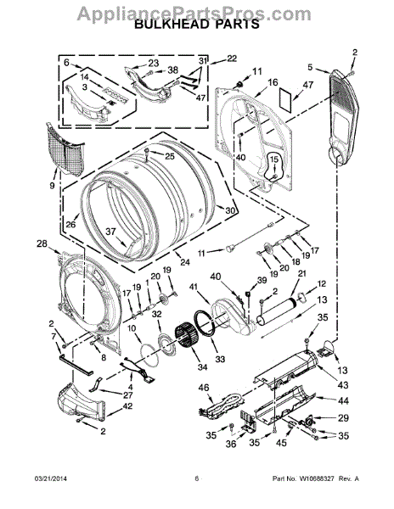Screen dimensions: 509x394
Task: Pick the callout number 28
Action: pyautogui.click(x=42, y=244)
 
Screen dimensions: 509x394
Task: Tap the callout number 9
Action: pyautogui.click(x=52, y=184)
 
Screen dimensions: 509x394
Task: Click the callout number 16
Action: pyautogui.click(x=273, y=82)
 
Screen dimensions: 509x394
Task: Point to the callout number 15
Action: pyautogui.click(x=273, y=159)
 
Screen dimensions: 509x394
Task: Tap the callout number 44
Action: pyautogui.click(x=343, y=400)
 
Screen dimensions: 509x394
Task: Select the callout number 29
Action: pyautogui.click(x=343, y=418)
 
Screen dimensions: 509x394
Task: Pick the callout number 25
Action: pyautogui.click(x=169, y=156)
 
